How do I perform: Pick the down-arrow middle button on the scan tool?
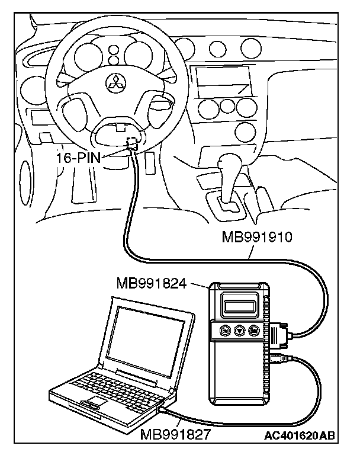240,330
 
